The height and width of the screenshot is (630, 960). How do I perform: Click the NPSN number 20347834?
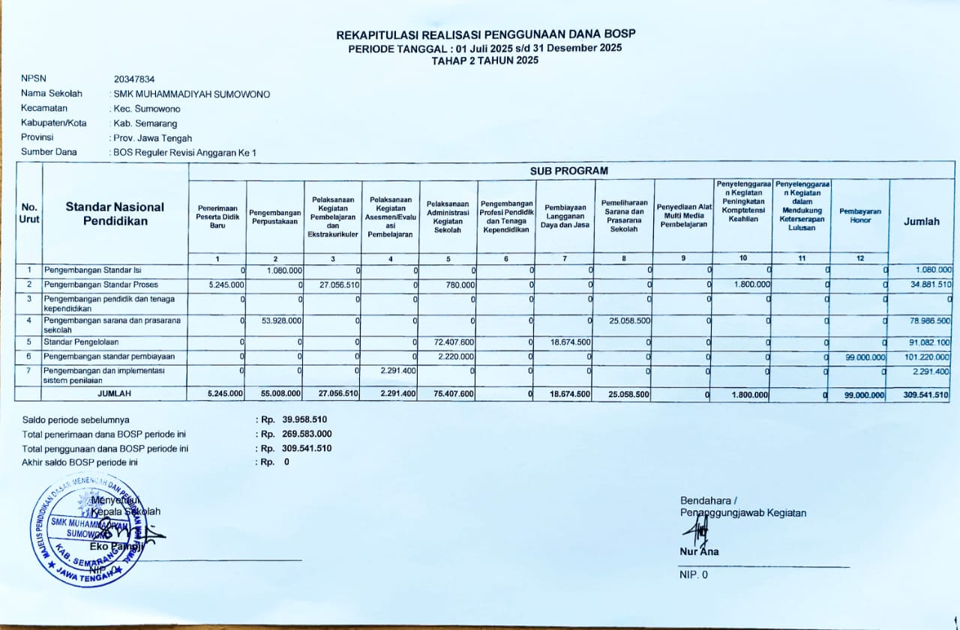click(x=134, y=79)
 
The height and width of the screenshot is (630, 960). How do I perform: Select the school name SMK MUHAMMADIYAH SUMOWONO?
click(x=191, y=94)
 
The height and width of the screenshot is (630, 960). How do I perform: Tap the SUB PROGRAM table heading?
click(x=568, y=171)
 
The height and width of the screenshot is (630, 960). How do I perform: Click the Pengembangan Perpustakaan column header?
click(x=274, y=217)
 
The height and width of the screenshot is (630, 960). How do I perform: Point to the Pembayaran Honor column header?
click(x=859, y=216)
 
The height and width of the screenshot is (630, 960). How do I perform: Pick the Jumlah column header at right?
click(x=921, y=221)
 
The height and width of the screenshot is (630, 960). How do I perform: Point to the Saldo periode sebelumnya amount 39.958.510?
click(x=304, y=420)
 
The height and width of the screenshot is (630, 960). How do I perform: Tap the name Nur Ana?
click(x=699, y=552)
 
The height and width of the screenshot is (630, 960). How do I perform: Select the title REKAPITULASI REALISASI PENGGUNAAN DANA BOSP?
click(x=485, y=35)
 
